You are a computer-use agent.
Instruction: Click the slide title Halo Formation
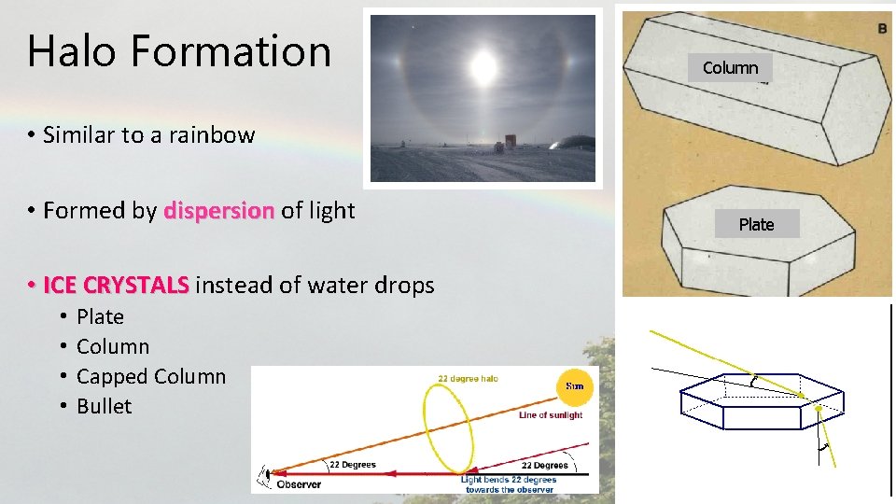[x=179, y=50]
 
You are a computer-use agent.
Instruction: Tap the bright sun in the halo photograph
[x=483, y=66]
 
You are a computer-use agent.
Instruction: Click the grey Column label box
[x=730, y=67]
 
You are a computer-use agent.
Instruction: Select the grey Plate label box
[x=756, y=224]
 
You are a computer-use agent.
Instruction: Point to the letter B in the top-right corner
[x=882, y=29]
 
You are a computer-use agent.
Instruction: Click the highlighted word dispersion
[x=219, y=211]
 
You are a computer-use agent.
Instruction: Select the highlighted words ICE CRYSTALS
[x=116, y=285]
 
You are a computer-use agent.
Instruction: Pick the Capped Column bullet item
[x=151, y=376]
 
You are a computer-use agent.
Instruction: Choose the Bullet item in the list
[x=105, y=406]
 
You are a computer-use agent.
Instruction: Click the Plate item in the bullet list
[x=100, y=316]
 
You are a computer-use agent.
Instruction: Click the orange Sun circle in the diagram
[x=573, y=385]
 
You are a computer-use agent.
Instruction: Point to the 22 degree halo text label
[x=469, y=378]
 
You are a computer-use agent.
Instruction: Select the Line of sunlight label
[x=551, y=415]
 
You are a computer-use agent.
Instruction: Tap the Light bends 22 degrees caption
[x=509, y=484]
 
